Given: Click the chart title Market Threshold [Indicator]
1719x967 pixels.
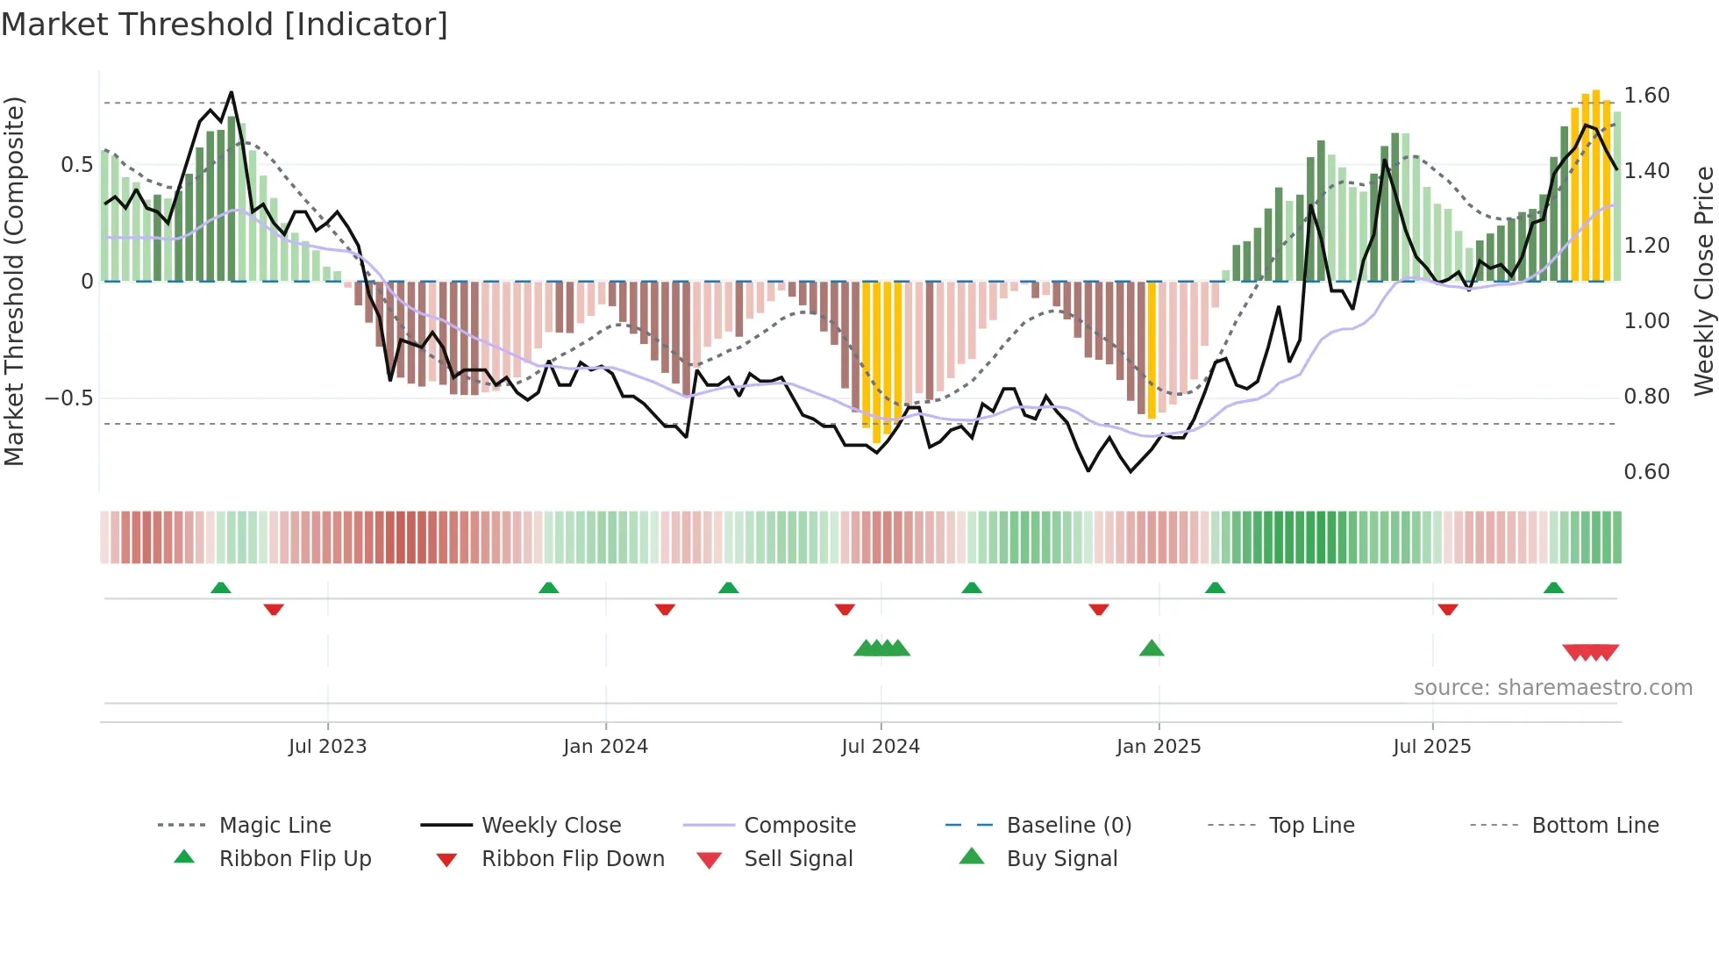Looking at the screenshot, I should (x=225, y=25).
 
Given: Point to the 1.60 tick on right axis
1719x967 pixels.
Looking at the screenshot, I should (x=1646, y=95).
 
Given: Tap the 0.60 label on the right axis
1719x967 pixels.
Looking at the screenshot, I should (x=1646, y=472).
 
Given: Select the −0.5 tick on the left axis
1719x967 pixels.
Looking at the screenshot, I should (x=68, y=398).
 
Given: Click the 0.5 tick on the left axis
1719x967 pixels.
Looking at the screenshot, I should (x=76, y=165).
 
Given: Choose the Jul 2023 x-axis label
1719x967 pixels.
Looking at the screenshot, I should (x=327, y=747).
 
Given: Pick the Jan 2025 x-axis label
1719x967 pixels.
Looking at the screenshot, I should (x=1158, y=747).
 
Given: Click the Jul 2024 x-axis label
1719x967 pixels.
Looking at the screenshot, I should (x=880, y=747).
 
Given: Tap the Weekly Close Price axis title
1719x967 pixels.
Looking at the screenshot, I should (x=1703, y=281).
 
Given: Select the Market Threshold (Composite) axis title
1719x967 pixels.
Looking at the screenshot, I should (x=14, y=281).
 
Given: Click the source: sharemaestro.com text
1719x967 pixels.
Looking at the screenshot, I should (x=1552, y=688).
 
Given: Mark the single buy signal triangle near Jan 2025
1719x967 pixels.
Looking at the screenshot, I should (x=1151, y=648).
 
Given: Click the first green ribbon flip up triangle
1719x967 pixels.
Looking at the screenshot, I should (x=221, y=588).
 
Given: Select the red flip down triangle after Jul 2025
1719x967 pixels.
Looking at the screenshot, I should (x=1447, y=609).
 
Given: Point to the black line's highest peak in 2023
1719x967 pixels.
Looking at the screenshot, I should (x=232, y=92).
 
